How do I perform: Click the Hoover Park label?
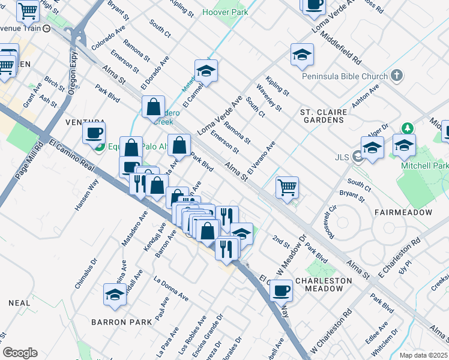tap(225, 12)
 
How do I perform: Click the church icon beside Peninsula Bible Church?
tap(396, 76)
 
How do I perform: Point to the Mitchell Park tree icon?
tap(408, 128)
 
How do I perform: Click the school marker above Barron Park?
tap(115, 294)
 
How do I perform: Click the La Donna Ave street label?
tap(170, 287)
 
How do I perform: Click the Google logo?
tap(20, 353)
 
